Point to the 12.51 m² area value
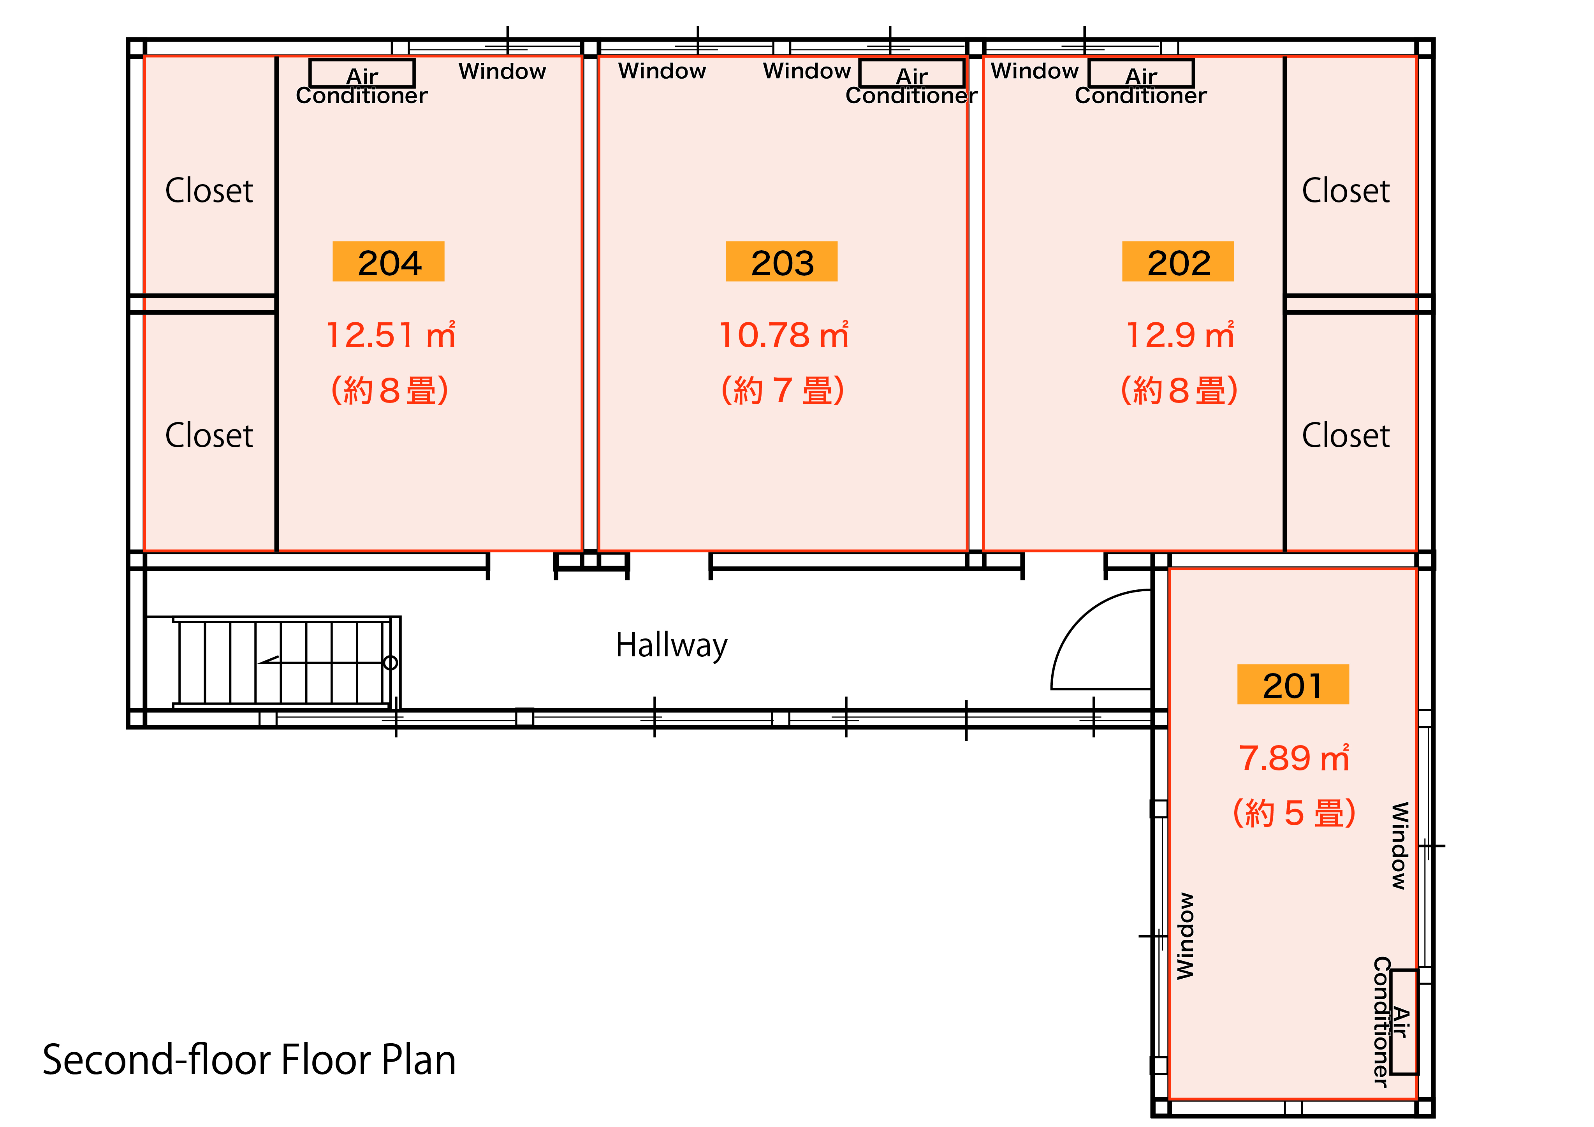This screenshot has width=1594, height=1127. [x=391, y=335]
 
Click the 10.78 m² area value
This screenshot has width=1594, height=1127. [x=784, y=335]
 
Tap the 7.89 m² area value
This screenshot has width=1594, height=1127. [x=1294, y=758]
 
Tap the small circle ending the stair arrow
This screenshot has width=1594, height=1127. [x=391, y=663]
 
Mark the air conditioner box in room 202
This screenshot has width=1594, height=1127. [x=1141, y=73]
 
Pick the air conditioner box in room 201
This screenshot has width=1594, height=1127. [x=1404, y=1022]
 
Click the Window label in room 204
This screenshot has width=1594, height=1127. [x=502, y=72]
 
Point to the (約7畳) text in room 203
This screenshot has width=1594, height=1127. [x=783, y=390]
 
